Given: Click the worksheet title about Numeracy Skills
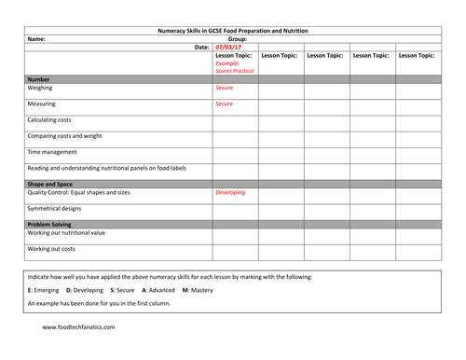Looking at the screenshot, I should pos(232,31).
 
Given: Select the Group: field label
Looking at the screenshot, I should pos(237,39).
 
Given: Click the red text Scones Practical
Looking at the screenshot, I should pos(235,71).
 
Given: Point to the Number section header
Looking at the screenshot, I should pos(39,79).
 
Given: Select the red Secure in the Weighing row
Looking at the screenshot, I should pos(225,88).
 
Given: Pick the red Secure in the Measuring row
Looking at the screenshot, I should pos(225,104).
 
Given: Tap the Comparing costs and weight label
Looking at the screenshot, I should pos(69,135).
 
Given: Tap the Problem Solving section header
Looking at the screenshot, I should pos(51,224).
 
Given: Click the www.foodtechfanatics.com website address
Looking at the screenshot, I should pos(78,327).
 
